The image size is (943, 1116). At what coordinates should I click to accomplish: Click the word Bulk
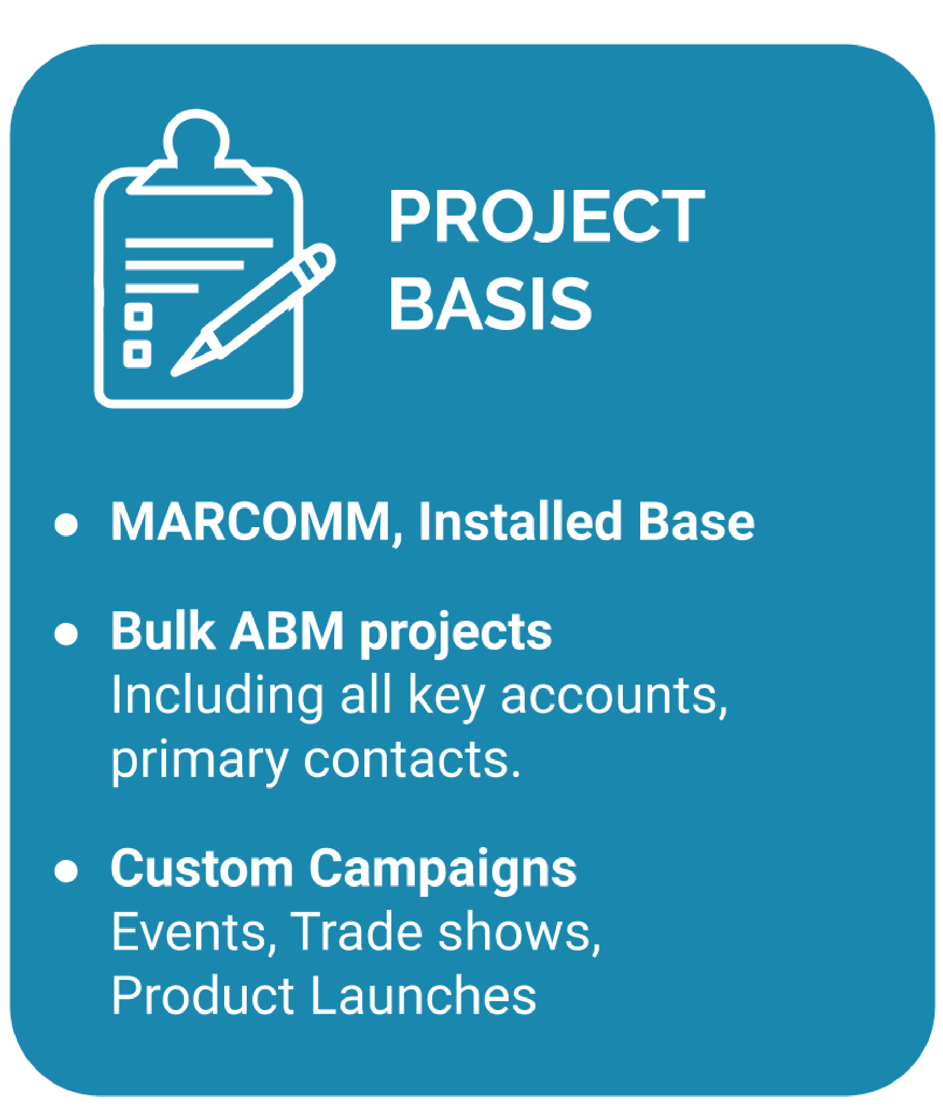coord(163,631)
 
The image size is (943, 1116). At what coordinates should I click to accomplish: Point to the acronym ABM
coord(286,631)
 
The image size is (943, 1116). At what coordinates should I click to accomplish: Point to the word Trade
coord(356,933)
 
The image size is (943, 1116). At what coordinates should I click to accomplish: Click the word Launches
coord(423,996)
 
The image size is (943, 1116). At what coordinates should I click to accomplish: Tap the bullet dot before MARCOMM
coord(66,524)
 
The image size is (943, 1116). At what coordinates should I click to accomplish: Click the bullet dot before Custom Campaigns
coord(66,872)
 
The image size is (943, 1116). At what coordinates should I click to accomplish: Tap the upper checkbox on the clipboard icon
coord(138,317)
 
